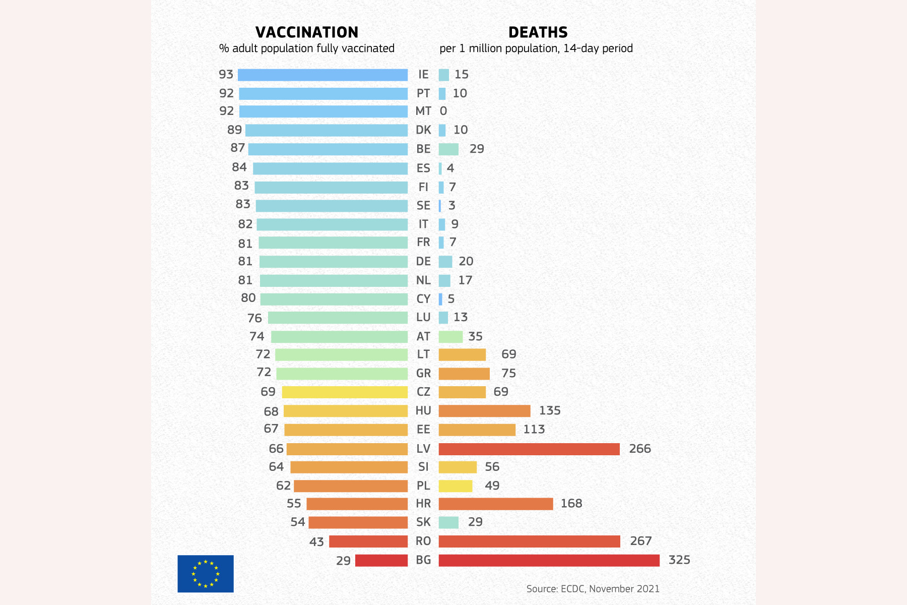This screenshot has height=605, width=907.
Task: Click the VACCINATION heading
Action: (307, 32)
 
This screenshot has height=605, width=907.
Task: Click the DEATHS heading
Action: (538, 32)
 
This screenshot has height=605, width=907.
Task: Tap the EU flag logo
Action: (206, 574)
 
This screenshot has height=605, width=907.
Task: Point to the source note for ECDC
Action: (593, 588)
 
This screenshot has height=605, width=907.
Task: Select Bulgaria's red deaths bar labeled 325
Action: (549, 560)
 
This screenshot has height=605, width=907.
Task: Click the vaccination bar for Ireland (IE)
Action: (322, 75)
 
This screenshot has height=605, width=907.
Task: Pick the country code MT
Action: (423, 111)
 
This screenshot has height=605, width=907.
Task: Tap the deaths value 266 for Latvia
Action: (640, 449)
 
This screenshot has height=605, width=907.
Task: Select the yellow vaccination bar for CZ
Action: (345, 392)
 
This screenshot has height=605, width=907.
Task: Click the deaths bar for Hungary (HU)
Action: (484, 411)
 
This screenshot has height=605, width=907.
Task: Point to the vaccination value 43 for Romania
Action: (316, 542)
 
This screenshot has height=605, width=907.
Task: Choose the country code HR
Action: (423, 504)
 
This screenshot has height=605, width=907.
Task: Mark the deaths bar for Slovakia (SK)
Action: (448, 522)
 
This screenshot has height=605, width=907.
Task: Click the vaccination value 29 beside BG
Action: (343, 561)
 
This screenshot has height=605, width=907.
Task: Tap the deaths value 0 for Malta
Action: (443, 111)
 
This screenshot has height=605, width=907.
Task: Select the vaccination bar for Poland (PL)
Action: (351, 486)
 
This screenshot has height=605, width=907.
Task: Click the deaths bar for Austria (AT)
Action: (450, 337)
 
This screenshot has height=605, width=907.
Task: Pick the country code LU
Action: (423, 317)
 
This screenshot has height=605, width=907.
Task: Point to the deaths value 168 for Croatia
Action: (571, 504)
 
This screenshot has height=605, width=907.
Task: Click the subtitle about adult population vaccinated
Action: (307, 48)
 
